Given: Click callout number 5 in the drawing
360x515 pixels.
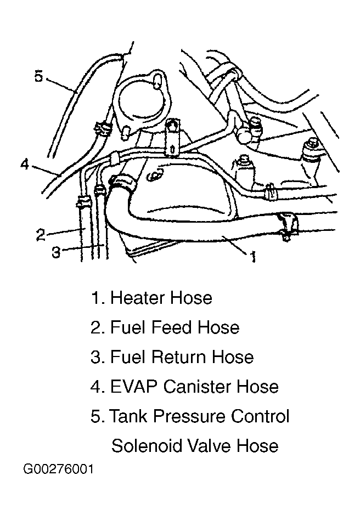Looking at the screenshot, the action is coord(39,76).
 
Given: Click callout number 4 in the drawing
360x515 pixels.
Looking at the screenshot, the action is coord(25,163).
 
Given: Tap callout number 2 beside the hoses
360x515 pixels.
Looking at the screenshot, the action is coord(40,235).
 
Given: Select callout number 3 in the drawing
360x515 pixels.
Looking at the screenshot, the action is coord(56,252).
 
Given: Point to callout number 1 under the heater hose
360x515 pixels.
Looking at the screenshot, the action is coord(253,257).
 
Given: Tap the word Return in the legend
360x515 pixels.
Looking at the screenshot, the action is coord(181,356).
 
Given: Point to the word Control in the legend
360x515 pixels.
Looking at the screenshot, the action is coord(260,416).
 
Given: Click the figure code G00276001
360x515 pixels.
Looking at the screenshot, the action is coord(59,469).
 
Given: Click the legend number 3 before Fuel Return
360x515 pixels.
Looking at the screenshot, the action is coord(97,356).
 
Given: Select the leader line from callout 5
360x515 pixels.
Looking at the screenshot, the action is coord(61,85).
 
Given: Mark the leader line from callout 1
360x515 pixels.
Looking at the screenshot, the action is coord(234,245).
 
